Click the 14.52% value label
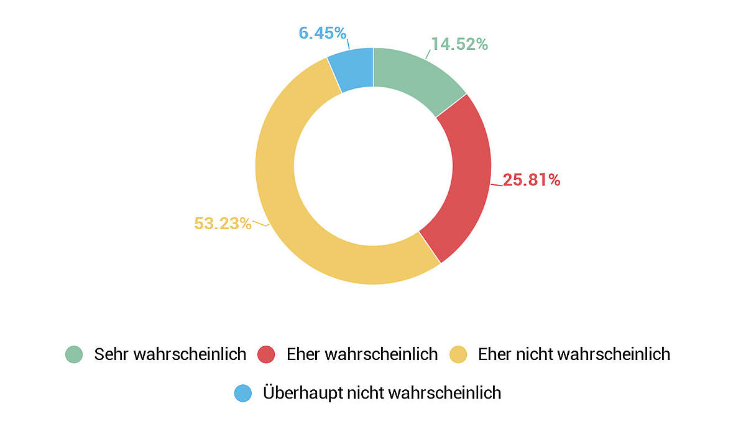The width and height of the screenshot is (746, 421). pyautogui.click(x=459, y=44)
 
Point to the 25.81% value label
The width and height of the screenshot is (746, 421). pyautogui.click(x=532, y=180)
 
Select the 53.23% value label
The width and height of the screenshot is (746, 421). pyautogui.click(x=223, y=224)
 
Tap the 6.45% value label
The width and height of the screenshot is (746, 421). pyautogui.click(x=322, y=33)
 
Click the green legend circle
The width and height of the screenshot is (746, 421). pyautogui.click(x=74, y=354)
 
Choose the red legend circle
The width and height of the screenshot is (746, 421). pyautogui.click(x=266, y=354)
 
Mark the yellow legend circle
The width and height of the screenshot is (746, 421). pyautogui.click(x=458, y=354)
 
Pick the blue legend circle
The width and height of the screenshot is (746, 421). pyautogui.click(x=243, y=393)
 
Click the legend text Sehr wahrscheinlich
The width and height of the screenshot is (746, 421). pyautogui.click(x=170, y=354)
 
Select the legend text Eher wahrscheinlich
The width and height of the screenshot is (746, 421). pyautogui.click(x=362, y=354)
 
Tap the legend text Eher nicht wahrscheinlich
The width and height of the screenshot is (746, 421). pyautogui.click(x=574, y=354)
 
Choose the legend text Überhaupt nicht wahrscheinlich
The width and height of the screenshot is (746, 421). pyautogui.click(x=382, y=393)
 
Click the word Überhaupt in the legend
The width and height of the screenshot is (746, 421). pyautogui.click(x=297, y=393)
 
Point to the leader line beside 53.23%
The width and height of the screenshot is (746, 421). pyautogui.click(x=260, y=224)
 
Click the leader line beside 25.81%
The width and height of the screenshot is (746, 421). pyautogui.click(x=496, y=184)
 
